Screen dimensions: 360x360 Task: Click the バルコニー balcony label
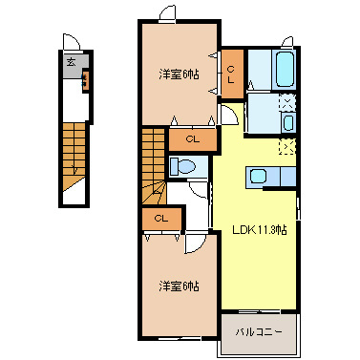coord(259,333)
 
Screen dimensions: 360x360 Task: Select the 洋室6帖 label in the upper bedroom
coord(180,74)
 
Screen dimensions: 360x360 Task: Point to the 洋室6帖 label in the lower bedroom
coord(180,286)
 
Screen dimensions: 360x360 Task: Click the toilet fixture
coord(185,166)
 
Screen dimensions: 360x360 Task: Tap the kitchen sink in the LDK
coord(258,176)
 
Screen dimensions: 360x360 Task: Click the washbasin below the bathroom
coord(287,122)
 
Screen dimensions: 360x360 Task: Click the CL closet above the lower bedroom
coord(160,219)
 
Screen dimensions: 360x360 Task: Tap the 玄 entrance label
coord(71,61)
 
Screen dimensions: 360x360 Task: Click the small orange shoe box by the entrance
coord(86,79)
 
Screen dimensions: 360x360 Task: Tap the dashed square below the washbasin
coord(286,147)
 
